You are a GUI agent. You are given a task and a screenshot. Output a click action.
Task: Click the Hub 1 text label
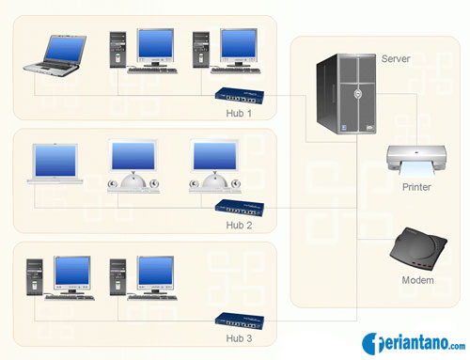240,114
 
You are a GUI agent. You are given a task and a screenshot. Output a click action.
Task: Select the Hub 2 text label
240,226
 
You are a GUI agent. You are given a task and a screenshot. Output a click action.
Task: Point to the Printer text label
416,187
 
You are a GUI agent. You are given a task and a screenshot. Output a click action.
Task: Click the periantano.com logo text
424,342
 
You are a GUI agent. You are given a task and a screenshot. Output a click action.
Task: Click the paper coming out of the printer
417,171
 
